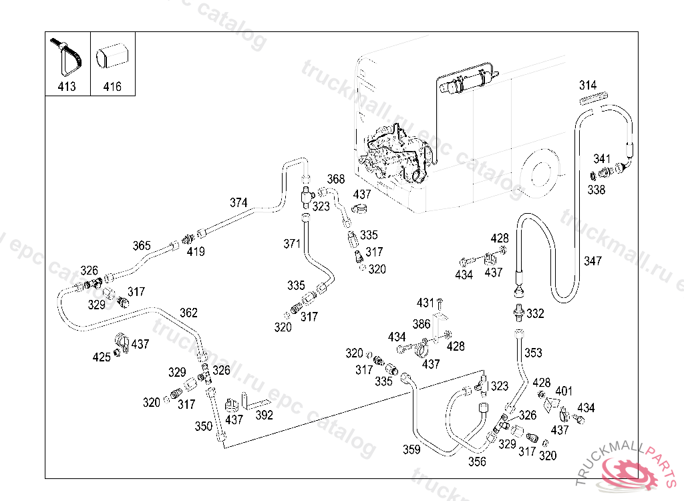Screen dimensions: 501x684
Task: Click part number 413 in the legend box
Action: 67,86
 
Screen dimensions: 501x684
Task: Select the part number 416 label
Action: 112,86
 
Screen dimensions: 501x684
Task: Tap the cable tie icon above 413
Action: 67,57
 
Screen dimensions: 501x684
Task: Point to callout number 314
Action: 588,85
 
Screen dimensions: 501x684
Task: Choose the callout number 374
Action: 238,202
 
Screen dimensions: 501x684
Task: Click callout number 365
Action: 141,245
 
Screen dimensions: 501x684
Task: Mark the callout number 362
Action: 188,312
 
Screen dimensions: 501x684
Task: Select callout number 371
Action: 292,244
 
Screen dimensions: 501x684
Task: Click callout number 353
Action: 533,353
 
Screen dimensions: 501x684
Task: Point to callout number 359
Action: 411,450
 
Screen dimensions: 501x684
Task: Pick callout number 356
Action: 477,461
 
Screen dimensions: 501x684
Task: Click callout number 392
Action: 265,415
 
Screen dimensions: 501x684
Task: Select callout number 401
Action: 564,391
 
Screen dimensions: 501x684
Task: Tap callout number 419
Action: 196,252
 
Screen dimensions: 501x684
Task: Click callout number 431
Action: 425,303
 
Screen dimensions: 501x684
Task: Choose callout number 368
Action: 335,179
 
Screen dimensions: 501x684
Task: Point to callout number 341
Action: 602,159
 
